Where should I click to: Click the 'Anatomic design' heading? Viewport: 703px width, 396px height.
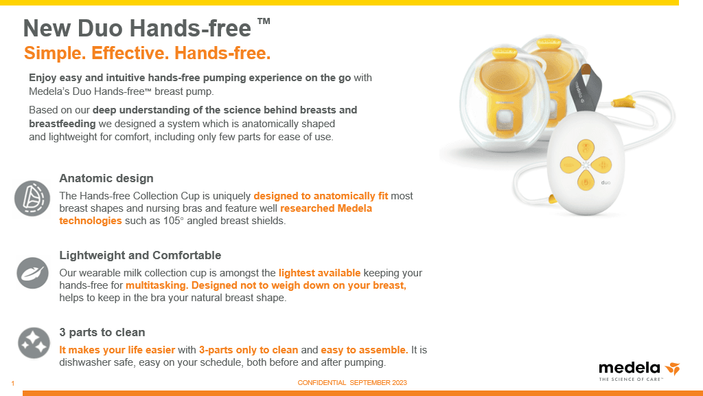click(x=106, y=179)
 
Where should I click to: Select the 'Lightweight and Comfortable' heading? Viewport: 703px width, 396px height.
click(x=140, y=255)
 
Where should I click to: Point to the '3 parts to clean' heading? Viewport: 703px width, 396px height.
click(x=102, y=332)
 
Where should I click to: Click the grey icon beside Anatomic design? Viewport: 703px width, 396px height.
click(x=33, y=198)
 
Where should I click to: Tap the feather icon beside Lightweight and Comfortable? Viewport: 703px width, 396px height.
click(x=33, y=273)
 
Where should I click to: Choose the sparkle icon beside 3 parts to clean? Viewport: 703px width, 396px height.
click(x=33, y=343)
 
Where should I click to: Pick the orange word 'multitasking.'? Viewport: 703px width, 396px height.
click(x=157, y=285)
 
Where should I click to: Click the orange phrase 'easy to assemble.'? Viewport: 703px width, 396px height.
click(x=365, y=350)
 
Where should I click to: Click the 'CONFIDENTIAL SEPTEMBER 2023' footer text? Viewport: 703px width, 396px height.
click(x=351, y=382)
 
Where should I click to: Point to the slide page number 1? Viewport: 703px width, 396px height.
click(x=12, y=383)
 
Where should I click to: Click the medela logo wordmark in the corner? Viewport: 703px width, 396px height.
click(x=630, y=368)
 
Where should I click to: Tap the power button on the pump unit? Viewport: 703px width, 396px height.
click(x=585, y=182)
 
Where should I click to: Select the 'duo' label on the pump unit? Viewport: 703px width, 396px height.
click(x=606, y=183)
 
